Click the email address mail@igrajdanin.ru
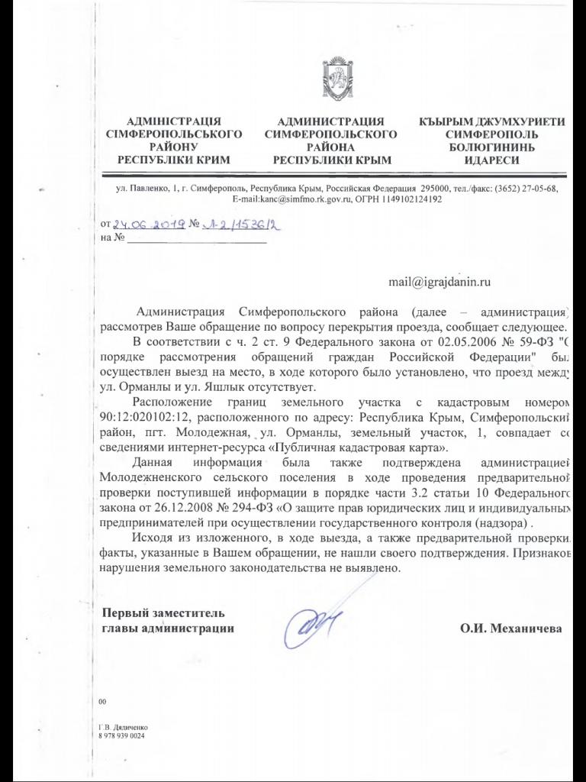pyautogui.click(x=439, y=281)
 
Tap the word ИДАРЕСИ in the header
pyautogui.click(x=492, y=160)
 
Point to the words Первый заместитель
pyautogui.click(x=164, y=612)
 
